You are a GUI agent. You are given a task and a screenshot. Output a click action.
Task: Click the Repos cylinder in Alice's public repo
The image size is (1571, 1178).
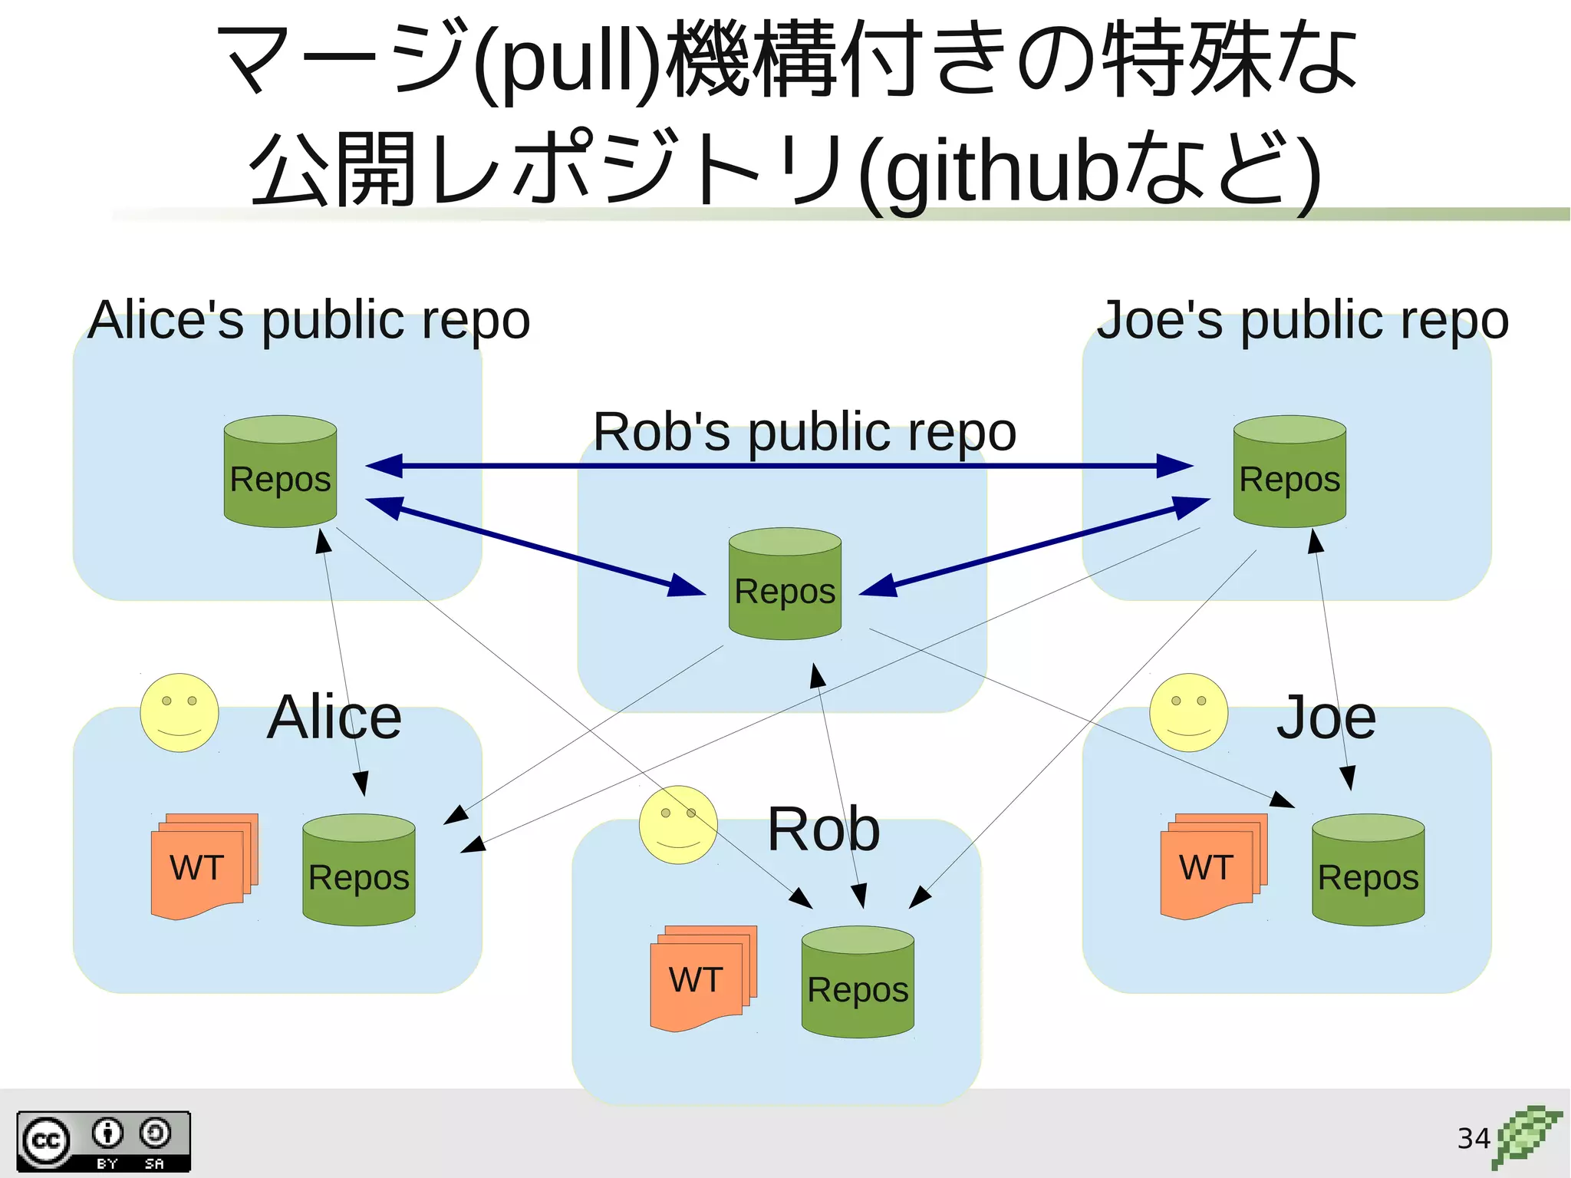point(280,472)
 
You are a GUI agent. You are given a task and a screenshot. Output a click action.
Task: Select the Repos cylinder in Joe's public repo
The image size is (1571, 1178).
point(1289,472)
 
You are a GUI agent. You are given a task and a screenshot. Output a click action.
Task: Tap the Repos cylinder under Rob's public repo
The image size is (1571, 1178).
point(785,584)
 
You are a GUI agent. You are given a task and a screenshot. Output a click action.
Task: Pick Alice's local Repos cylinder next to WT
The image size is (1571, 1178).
point(358,870)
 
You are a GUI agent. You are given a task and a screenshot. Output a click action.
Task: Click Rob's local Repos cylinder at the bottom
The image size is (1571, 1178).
point(858,982)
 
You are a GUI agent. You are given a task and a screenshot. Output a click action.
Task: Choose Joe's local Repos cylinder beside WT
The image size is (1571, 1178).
point(1368,870)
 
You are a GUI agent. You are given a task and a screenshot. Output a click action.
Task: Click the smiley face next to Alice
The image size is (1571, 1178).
point(179,713)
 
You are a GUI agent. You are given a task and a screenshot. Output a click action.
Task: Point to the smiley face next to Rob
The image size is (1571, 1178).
point(678,825)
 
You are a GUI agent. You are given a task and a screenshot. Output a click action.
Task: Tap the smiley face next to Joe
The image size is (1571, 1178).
point(1188,713)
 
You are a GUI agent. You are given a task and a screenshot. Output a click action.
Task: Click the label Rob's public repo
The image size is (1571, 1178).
point(805,432)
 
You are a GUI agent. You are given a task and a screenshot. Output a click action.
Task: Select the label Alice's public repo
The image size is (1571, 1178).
point(309,320)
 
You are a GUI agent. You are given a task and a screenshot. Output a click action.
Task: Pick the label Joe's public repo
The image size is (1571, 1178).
point(1303,320)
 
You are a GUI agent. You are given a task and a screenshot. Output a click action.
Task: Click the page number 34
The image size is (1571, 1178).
point(1473,1138)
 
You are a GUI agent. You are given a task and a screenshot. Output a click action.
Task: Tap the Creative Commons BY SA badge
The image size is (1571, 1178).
point(104,1141)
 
